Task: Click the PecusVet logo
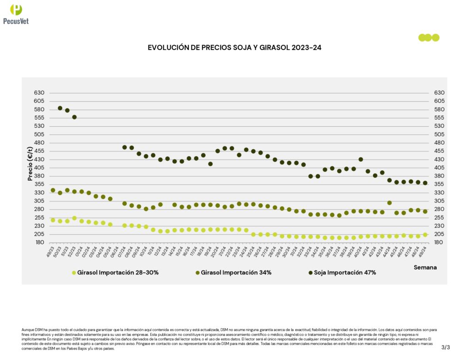(16, 14)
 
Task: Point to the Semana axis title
(425, 267)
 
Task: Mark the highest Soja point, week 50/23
(60, 108)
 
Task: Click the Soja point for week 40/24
(361, 159)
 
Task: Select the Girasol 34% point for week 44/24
(389, 203)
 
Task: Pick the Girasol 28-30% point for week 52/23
(74, 218)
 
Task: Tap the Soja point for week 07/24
(124, 147)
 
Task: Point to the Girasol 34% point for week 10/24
(146, 209)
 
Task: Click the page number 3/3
(446, 347)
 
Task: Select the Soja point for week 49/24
(425, 183)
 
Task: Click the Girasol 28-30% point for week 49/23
(53, 220)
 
